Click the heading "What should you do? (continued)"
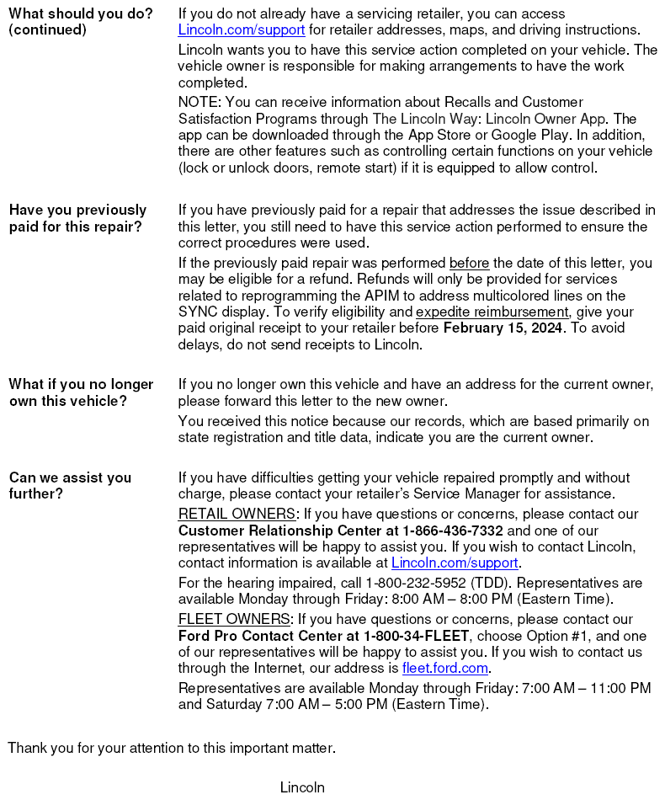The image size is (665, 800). point(81,22)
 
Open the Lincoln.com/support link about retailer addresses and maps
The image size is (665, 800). point(241,30)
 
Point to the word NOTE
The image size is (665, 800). point(197,102)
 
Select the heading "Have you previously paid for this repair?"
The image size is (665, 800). point(77,218)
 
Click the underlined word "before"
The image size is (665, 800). point(469,263)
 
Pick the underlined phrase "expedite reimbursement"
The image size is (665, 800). point(492,312)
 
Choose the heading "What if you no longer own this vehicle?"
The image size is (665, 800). point(81,392)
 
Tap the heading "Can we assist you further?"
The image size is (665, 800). point(70,485)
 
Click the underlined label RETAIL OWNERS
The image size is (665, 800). point(237,514)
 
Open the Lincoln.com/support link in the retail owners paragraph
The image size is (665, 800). point(455,563)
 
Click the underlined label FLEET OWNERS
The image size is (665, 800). point(234,619)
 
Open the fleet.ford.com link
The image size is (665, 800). point(444,668)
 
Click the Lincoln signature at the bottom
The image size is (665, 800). point(302,787)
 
